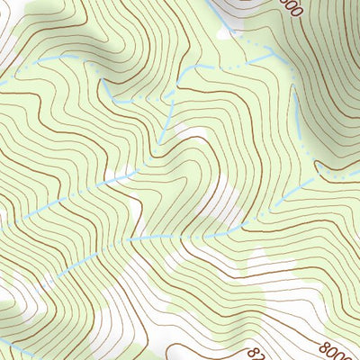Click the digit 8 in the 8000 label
pyautogui.click(x=322, y=342)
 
